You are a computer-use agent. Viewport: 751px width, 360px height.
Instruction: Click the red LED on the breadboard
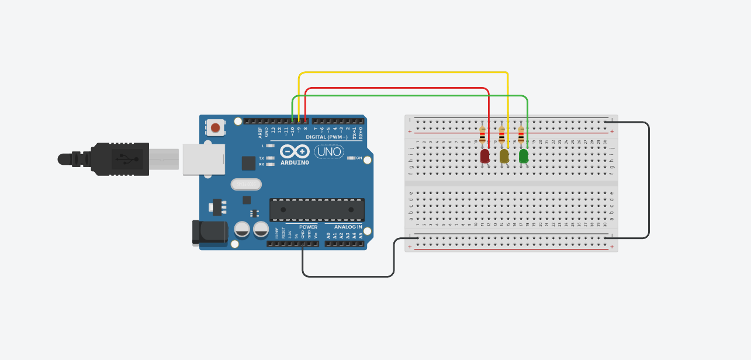[x=485, y=156]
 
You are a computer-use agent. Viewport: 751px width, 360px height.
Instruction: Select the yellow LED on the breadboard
[x=504, y=156]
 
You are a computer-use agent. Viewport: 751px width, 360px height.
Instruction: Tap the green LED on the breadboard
[x=524, y=156]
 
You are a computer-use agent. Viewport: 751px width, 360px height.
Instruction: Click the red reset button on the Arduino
[x=216, y=127]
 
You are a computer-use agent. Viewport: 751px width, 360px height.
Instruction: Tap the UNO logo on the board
[x=329, y=152]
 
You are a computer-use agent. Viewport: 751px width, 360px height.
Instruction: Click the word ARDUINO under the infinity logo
[x=295, y=162]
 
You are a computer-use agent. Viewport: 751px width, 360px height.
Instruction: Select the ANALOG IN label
[x=348, y=227]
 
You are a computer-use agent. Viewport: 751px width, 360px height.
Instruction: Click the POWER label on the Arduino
[x=308, y=227]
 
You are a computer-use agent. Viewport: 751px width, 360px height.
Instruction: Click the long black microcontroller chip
[x=317, y=209]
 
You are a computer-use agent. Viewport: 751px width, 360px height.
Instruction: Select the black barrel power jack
[x=209, y=233]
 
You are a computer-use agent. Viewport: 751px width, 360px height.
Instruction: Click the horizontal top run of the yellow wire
[x=403, y=72]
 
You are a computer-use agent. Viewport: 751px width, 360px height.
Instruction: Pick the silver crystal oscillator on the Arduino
[x=246, y=184]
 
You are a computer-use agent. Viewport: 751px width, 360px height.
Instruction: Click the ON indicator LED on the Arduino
[x=352, y=158]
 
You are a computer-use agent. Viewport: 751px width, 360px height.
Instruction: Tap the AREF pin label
[x=260, y=133]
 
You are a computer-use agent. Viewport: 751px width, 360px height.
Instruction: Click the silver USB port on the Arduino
[x=203, y=159]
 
